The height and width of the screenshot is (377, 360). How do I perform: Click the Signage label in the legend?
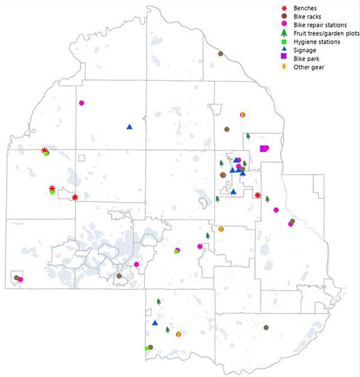click(x=305, y=51)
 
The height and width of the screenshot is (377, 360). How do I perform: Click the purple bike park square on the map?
click(x=263, y=149)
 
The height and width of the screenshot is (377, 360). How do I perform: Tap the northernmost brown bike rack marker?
click(x=220, y=54)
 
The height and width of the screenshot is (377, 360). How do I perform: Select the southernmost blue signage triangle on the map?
click(x=155, y=323)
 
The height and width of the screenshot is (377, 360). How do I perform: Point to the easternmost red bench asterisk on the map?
click(x=257, y=195)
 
